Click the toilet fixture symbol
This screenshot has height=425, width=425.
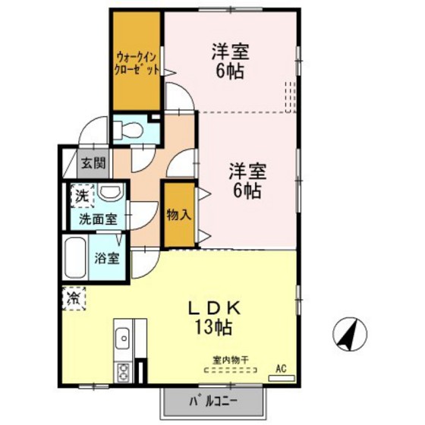tap(128, 130)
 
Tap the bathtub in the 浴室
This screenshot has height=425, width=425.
tap(74, 258)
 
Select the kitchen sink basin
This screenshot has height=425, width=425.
tap(122, 338)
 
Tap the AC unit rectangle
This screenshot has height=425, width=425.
tap(282, 378)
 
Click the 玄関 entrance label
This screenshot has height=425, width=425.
tap(93, 163)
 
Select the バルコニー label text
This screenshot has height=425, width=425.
tap(213, 401)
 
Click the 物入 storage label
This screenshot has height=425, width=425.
tap(178, 216)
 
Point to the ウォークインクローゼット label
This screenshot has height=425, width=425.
tap(136, 64)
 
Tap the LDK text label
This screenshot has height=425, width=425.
tap(214, 308)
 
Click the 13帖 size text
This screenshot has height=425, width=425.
tap(213, 327)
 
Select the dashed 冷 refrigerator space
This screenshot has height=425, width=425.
tap(74, 298)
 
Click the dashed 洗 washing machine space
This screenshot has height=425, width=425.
tap(83, 196)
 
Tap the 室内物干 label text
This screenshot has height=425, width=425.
tap(231, 360)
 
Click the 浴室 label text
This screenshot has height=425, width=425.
tap(107, 258)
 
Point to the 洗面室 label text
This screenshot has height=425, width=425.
tap(98, 219)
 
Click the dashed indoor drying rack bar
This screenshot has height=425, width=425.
tap(231, 370)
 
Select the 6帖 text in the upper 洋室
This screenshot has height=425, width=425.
tap(229, 71)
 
